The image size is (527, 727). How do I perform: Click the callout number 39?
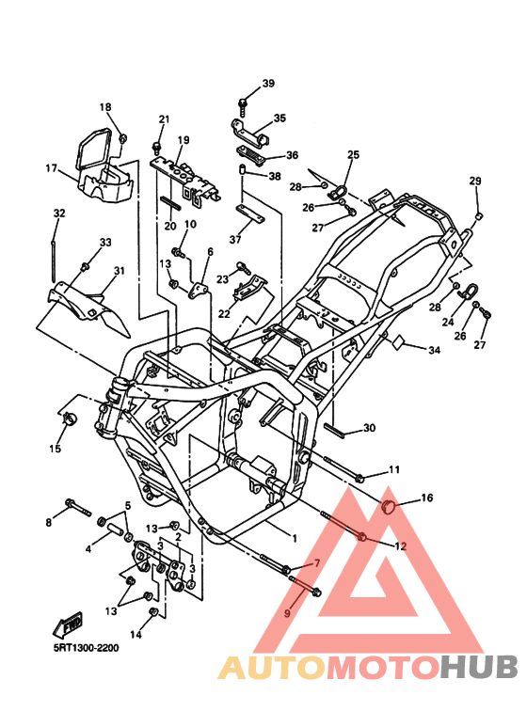[x=268, y=84]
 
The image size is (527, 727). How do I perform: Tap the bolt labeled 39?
[x=243, y=106]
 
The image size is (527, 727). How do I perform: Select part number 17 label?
[x=52, y=167]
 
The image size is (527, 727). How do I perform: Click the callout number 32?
[x=59, y=213]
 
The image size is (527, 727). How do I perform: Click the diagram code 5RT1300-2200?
[x=86, y=647]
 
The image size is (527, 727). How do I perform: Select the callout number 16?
[x=427, y=498]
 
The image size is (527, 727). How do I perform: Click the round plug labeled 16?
[x=387, y=506]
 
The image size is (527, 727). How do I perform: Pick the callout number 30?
[x=369, y=428]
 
